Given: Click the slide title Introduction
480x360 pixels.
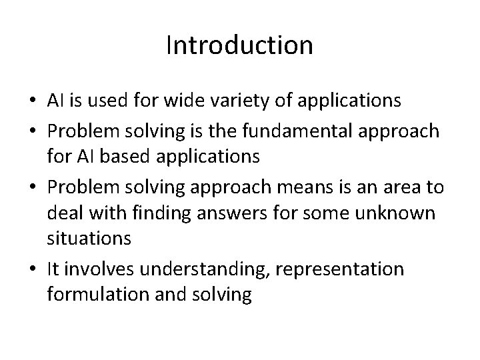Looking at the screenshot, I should click(x=239, y=45).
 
